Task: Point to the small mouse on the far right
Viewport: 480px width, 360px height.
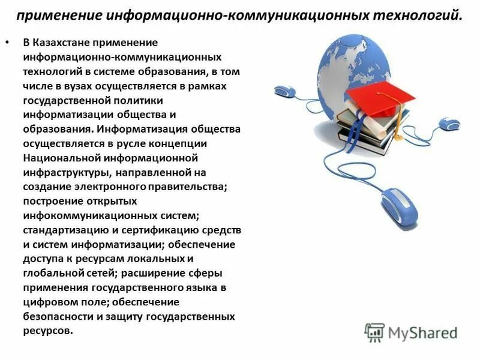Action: point(449,124)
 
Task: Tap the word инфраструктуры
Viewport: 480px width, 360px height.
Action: point(63,173)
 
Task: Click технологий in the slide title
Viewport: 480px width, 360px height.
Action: point(414,14)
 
